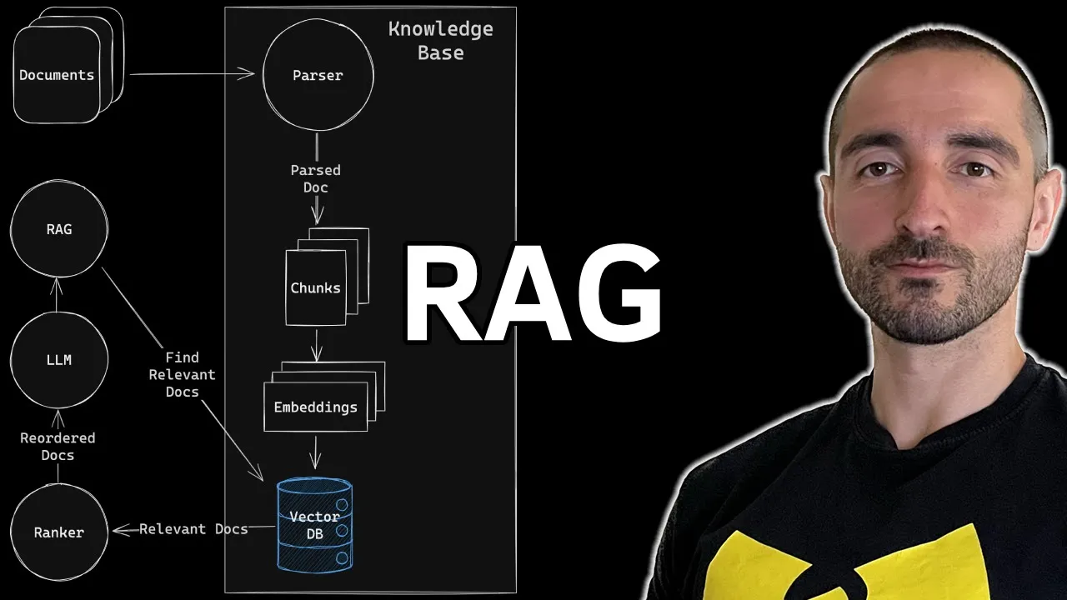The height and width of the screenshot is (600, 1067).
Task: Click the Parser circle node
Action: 318,75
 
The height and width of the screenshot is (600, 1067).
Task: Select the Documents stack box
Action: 57,75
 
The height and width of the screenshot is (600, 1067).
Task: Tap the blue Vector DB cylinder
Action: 314,524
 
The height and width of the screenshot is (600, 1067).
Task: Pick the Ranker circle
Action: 58,532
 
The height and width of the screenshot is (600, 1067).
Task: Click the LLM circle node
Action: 58,360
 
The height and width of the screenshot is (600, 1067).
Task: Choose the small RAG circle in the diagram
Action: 58,229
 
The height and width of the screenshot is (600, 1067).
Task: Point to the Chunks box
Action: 315,287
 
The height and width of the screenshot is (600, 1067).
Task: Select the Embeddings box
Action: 315,407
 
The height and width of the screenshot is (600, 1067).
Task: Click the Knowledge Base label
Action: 440,41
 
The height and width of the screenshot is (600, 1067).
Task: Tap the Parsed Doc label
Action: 315,178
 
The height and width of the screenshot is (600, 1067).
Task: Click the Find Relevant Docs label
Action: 182,374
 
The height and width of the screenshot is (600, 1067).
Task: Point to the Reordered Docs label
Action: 58,447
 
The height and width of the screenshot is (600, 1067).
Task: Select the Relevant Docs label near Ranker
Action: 193,529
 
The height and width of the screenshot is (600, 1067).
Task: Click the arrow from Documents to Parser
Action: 192,74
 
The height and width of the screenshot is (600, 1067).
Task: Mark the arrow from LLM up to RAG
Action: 57,295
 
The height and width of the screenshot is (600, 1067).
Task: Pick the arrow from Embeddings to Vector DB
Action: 315,453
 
